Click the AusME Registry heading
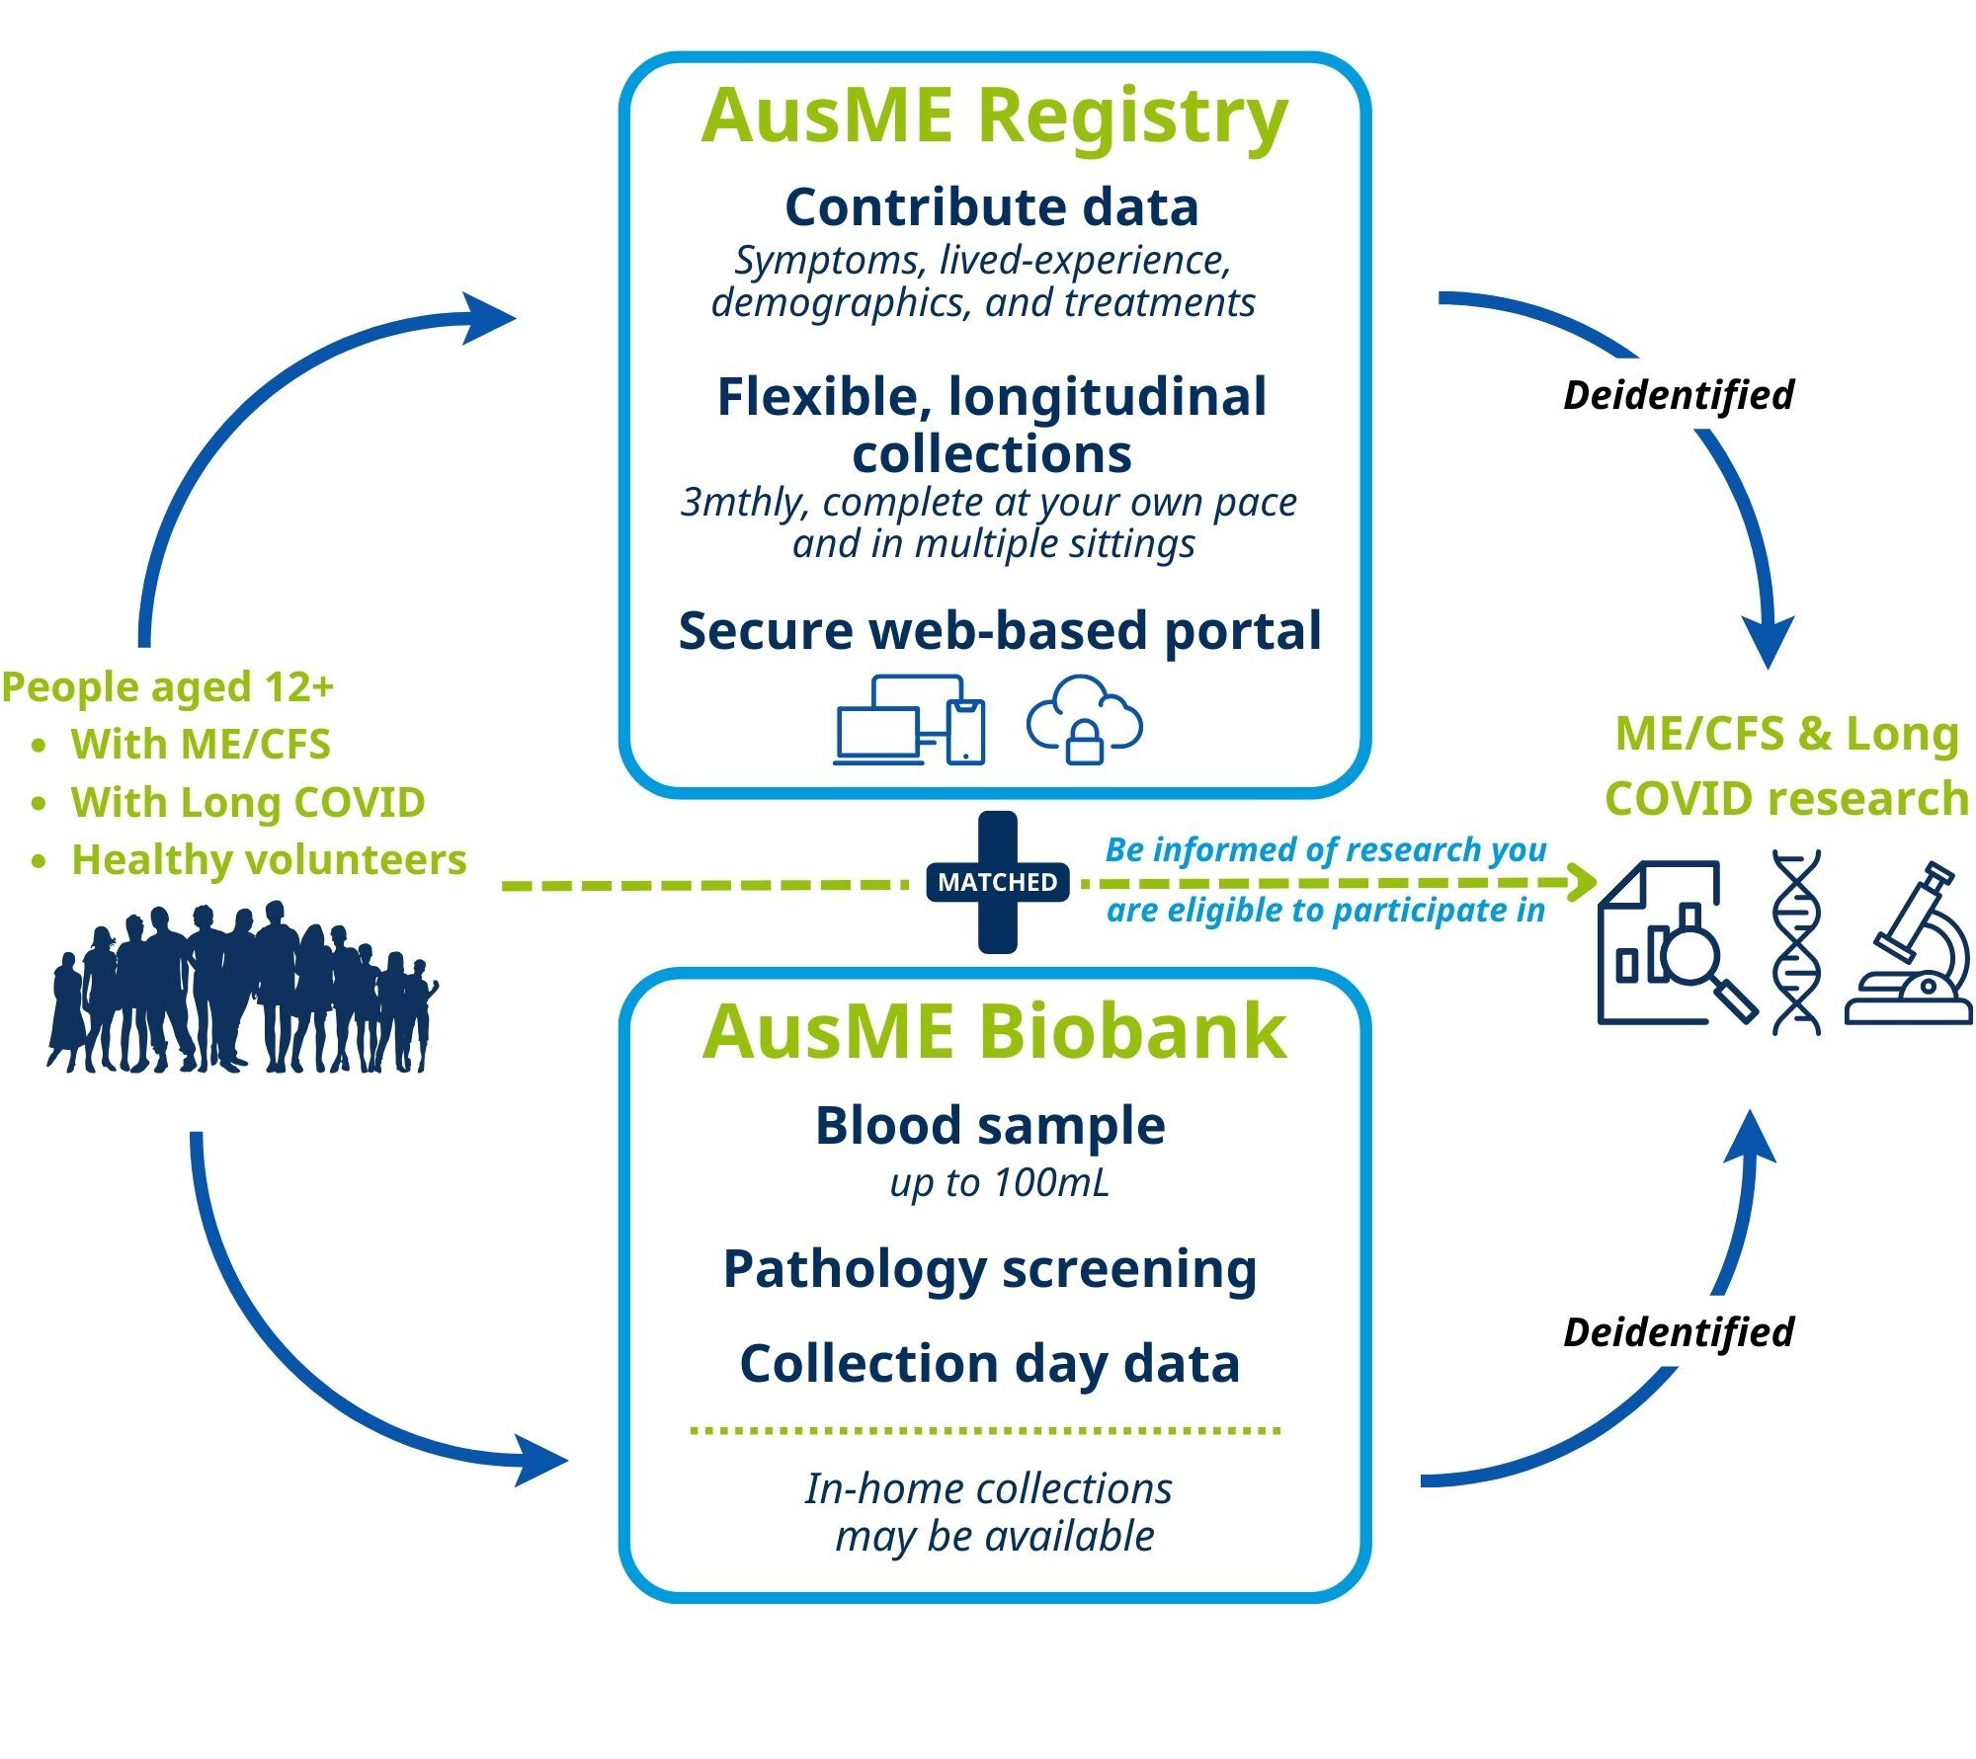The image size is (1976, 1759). pyautogui.click(x=994, y=117)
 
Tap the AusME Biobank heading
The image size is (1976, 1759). pyautogui.click(x=994, y=1031)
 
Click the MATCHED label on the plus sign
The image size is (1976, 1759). pyautogui.click(x=997, y=881)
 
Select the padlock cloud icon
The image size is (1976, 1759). pyautogui.click(x=1084, y=719)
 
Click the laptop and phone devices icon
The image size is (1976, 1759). pyautogui.click(x=910, y=720)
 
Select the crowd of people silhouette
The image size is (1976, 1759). pyautogui.click(x=242, y=988)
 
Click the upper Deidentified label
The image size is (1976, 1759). pyautogui.click(x=1678, y=395)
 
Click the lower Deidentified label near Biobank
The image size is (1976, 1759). pyautogui.click(x=1678, y=1332)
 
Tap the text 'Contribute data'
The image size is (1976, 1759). pyautogui.click(x=992, y=207)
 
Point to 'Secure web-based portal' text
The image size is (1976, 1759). pyautogui.click(x=999, y=630)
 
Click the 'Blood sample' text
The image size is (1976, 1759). pyautogui.click(x=990, y=1125)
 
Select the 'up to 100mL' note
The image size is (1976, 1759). pyautogui.click(x=999, y=1182)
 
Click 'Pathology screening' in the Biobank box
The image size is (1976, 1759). pyautogui.click(x=990, y=1268)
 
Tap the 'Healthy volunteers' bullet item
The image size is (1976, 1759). pyautogui.click(x=268, y=859)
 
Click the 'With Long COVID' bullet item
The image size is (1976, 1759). pyautogui.click(x=247, y=802)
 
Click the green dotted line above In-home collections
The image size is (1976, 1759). pyautogui.click(x=985, y=1429)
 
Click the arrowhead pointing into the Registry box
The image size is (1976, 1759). pyautogui.click(x=491, y=316)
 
